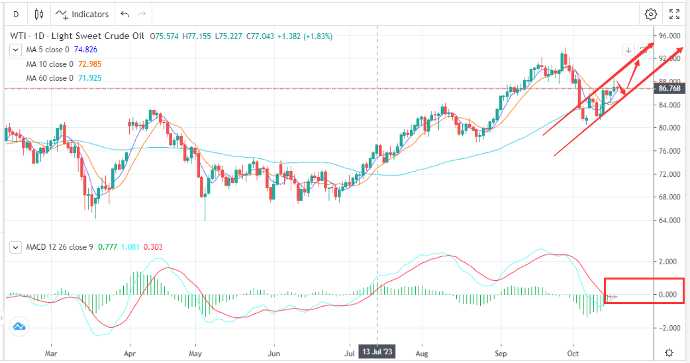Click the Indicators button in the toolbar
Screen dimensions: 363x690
83,14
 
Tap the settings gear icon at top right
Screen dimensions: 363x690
651,14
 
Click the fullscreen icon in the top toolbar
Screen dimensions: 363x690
674,14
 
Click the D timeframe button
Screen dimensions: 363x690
16,14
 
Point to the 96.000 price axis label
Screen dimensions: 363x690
669,36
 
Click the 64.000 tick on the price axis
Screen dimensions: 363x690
669,220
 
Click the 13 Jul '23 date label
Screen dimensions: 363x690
377,352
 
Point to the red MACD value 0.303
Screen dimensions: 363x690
152,247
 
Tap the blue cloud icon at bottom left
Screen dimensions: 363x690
19,325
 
